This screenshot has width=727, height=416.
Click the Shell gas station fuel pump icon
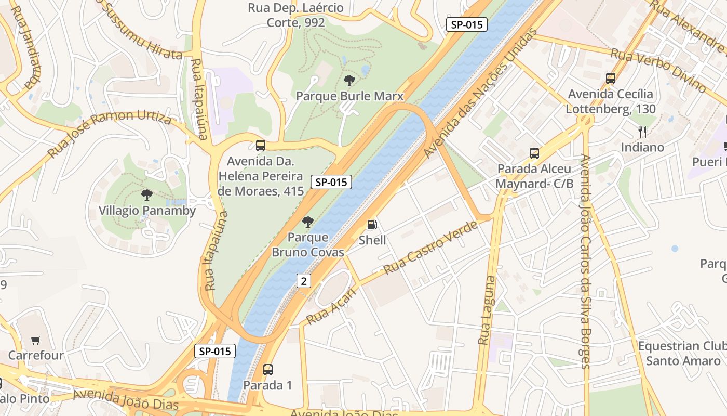click(372, 225)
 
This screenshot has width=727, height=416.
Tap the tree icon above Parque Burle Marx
click(349, 81)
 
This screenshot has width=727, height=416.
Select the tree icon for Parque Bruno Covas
click(308, 222)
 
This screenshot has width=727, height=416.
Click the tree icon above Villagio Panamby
click(147, 195)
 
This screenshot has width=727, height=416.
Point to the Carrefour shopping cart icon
click(36, 341)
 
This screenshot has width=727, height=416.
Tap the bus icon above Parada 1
click(268, 370)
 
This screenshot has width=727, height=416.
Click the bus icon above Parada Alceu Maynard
click(534, 153)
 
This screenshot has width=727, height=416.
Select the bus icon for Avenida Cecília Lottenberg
click(611, 79)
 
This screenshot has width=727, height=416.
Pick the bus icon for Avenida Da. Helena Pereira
click(261, 146)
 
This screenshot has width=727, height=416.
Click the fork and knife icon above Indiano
click(642, 132)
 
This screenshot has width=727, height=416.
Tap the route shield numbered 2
click(304, 281)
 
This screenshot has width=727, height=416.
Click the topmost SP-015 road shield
click(467, 24)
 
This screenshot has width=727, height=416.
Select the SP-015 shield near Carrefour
click(215, 351)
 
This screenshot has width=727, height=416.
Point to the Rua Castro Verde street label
click(430, 248)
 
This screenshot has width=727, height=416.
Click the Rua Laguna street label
click(487, 310)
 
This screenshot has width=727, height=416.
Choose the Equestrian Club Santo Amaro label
click(682, 353)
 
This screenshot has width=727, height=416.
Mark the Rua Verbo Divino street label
click(658, 70)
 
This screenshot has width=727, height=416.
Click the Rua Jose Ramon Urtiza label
click(110, 135)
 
